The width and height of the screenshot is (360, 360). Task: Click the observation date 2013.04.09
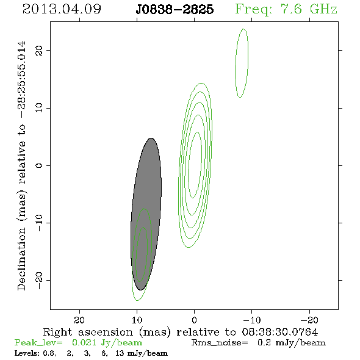click(x=62, y=9)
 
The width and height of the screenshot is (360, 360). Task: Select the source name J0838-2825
click(x=175, y=10)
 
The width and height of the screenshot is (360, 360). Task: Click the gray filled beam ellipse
click(x=146, y=214)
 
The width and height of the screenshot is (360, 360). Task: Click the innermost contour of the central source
click(x=189, y=165)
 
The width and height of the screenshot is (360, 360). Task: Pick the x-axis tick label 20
click(x=79, y=320)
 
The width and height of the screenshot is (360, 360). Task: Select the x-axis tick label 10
click(x=137, y=320)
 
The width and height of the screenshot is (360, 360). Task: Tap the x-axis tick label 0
click(x=194, y=320)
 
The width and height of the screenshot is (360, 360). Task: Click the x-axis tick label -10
click(x=252, y=320)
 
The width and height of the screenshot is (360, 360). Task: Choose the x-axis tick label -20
click(x=309, y=320)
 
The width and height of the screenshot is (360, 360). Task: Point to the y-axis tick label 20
click(x=39, y=51)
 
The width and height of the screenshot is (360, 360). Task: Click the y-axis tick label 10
click(x=39, y=107)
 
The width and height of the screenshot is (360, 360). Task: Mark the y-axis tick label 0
click(x=39, y=165)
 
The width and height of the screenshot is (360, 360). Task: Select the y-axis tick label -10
click(x=39, y=223)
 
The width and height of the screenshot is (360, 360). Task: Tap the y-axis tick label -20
click(x=39, y=281)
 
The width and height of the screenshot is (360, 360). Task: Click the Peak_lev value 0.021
click(x=84, y=342)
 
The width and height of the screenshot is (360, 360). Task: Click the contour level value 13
click(x=120, y=353)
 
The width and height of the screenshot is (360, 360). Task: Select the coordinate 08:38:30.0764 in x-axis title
click(x=280, y=332)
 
